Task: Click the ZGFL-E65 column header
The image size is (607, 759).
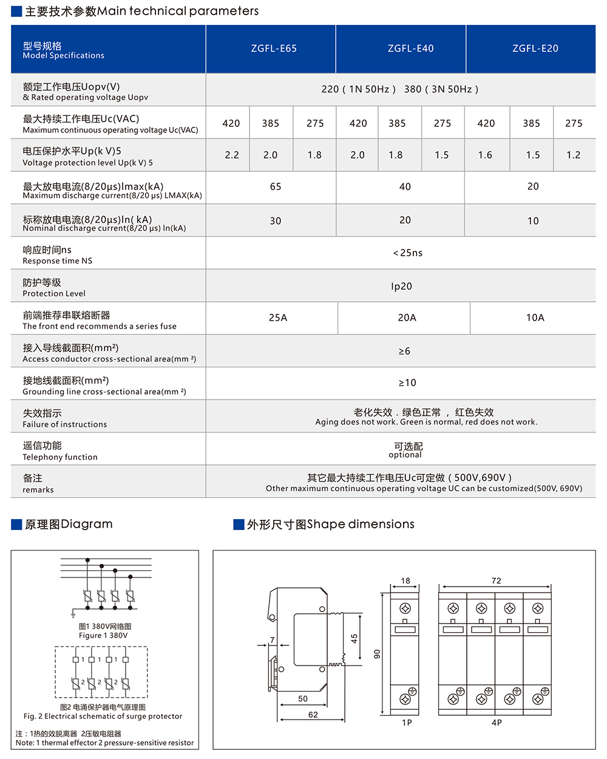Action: pyautogui.click(x=274, y=49)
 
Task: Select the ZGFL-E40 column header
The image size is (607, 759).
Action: pyautogui.click(x=410, y=49)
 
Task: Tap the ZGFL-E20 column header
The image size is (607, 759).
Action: pyautogui.click(x=535, y=49)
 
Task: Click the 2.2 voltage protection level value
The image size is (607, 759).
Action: pyautogui.click(x=232, y=155)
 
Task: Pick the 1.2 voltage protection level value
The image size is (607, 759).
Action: pyautogui.click(x=574, y=155)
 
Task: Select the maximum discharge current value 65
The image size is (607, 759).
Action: pyautogui.click(x=276, y=186)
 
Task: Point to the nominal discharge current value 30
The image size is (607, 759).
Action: pyautogui.click(x=276, y=221)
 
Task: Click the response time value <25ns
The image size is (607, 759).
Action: pyautogui.click(x=407, y=253)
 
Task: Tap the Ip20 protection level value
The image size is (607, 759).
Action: pyautogui.click(x=401, y=286)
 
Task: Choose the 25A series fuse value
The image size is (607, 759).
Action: pyautogui.click(x=278, y=318)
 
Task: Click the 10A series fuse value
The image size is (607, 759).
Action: pyautogui.click(x=535, y=318)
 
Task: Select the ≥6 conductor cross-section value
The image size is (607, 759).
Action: pyautogui.click(x=404, y=351)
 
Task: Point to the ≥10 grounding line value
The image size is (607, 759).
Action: pyautogui.click(x=407, y=383)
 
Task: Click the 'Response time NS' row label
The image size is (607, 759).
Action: pyautogui.click(x=58, y=261)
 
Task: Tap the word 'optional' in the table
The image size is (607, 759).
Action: pyautogui.click(x=405, y=455)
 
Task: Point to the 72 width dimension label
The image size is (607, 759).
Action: pyautogui.click(x=496, y=580)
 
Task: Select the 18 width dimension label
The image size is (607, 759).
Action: pyautogui.click(x=405, y=580)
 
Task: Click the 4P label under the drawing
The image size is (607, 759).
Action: pyautogui.click(x=497, y=723)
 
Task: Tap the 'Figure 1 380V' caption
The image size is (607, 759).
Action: pyautogui.click(x=103, y=636)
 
